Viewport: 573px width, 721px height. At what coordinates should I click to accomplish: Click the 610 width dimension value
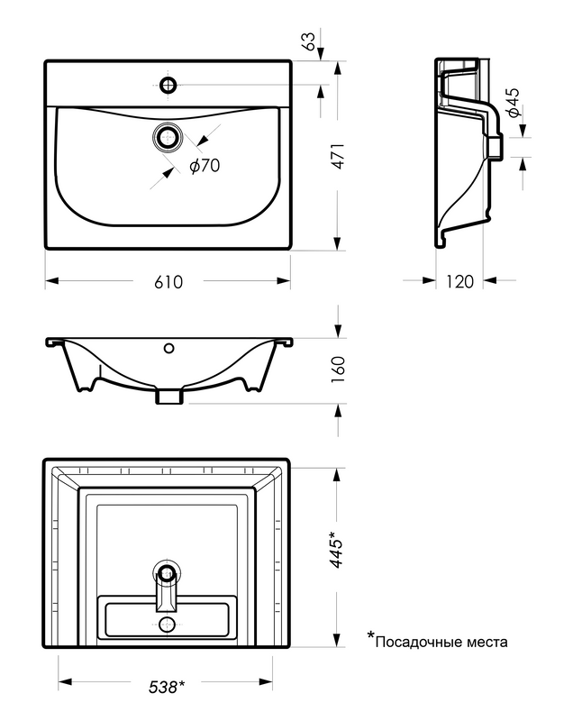pos(168,282)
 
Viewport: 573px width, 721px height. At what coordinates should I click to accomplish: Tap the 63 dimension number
pos(309,41)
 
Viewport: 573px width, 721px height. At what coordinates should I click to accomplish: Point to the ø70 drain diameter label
pos(205,165)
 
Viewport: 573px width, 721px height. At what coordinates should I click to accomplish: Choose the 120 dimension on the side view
pos(459,282)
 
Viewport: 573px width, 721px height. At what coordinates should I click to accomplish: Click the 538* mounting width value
pos(167,687)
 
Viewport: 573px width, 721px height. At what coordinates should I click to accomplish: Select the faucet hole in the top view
pos(168,86)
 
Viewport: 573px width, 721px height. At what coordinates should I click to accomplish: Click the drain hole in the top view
pos(168,138)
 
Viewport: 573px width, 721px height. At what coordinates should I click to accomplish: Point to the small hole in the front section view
pos(168,347)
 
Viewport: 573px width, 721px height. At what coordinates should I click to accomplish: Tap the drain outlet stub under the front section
pos(168,395)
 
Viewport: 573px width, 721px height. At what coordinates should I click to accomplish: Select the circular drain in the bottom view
pos(167,572)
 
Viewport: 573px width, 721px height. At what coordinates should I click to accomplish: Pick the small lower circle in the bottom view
pos(167,624)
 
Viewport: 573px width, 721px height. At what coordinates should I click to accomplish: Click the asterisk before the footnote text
pos(369,638)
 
